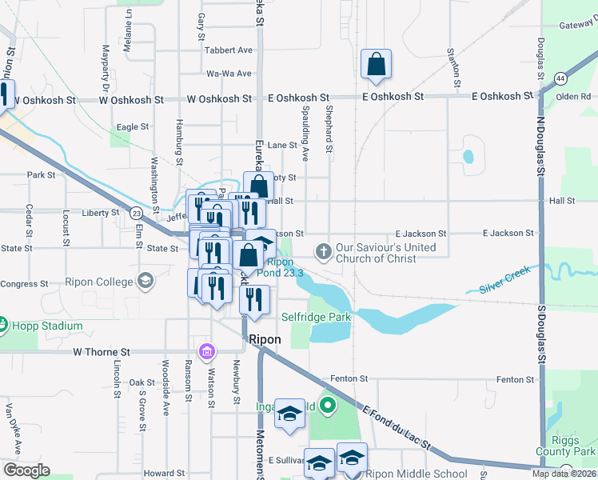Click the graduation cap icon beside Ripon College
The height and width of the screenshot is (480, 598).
pos(145,281)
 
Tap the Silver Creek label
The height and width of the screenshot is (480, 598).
pos(505,283)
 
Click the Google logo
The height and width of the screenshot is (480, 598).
pos(26,470)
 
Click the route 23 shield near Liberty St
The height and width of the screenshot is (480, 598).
pos(138,214)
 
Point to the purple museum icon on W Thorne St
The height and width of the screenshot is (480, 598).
pos(206,352)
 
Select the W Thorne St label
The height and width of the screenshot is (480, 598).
pos(101,352)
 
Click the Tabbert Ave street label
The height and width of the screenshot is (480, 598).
pos(229,50)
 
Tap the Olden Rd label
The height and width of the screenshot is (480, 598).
pos(573,96)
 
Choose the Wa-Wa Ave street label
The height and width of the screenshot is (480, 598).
pos(229,74)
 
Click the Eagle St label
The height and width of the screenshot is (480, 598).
pos(133,126)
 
